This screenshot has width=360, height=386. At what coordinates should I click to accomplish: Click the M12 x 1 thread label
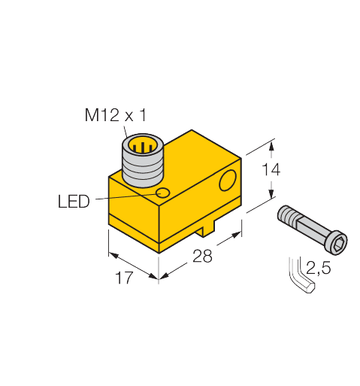coord(114,116)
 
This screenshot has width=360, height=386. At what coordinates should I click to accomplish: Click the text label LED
coord(74,201)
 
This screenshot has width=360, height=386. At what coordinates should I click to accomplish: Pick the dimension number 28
coord(202,255)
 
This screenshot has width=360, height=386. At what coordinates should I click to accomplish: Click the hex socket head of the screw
coord(339,242)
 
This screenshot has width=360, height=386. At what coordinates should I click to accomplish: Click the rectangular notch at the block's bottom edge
coord(210,226)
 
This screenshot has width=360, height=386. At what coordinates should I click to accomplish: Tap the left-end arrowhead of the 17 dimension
coord(110,255)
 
